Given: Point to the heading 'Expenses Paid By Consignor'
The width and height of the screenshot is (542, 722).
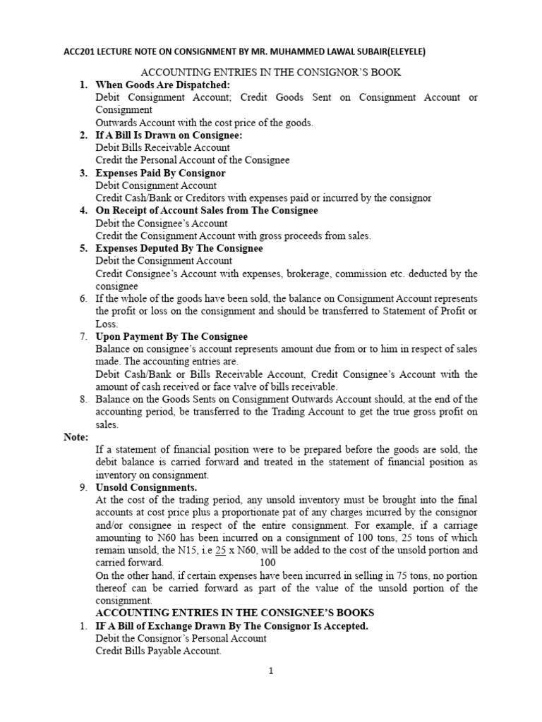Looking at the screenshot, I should (x=160, y=173).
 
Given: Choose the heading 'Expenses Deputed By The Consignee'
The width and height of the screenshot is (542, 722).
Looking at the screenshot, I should (x=179, y=248).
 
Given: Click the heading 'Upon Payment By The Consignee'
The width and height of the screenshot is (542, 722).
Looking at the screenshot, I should (x=171, y=336).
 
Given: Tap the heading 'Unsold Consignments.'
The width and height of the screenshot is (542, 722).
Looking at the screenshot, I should (x=146, y=487).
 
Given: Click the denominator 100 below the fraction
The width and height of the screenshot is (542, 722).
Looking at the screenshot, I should (x=268, y=563).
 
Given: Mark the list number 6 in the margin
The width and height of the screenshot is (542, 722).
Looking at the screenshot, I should (x=83, y=298).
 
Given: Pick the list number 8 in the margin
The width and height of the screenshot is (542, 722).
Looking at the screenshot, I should (x=83, y=399).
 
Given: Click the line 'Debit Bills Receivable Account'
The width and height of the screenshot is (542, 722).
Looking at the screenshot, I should (x=162, y=147).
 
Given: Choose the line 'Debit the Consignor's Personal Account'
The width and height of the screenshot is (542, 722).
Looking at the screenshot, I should (x=181, y=638).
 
